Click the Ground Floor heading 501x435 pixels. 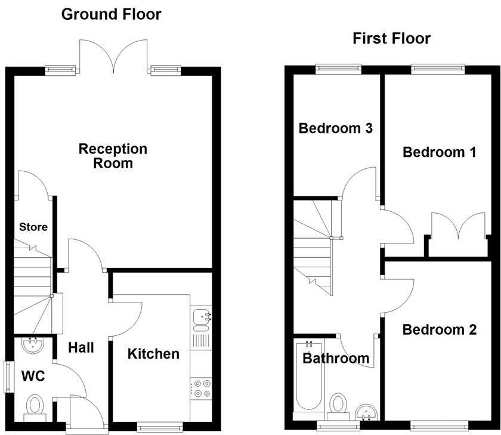click(x=112, y=14)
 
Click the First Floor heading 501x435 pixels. click(x=391, y=39)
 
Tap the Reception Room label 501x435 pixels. click(x=113, y=155)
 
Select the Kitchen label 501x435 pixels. click(x=153, y=354)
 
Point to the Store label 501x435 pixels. click(x=33, y=227)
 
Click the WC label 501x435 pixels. click(x=33, y=377)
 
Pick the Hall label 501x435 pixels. click(x=81, y=347)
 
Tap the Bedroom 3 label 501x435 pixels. click(x=336, y=128)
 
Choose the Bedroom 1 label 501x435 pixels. click(x=439, y=152)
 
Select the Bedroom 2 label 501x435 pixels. click(x=439, y=329)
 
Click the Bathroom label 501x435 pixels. click(x=336, y=359)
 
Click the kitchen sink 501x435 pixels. click(x=201, y=319)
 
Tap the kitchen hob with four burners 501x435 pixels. click(x=201, y=388)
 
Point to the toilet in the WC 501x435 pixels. click(x=34, y=407)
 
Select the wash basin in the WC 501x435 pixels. click(x=31, y=344)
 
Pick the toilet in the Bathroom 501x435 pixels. click(x=338, y=405)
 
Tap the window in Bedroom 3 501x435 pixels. click(x=338, y=69)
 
